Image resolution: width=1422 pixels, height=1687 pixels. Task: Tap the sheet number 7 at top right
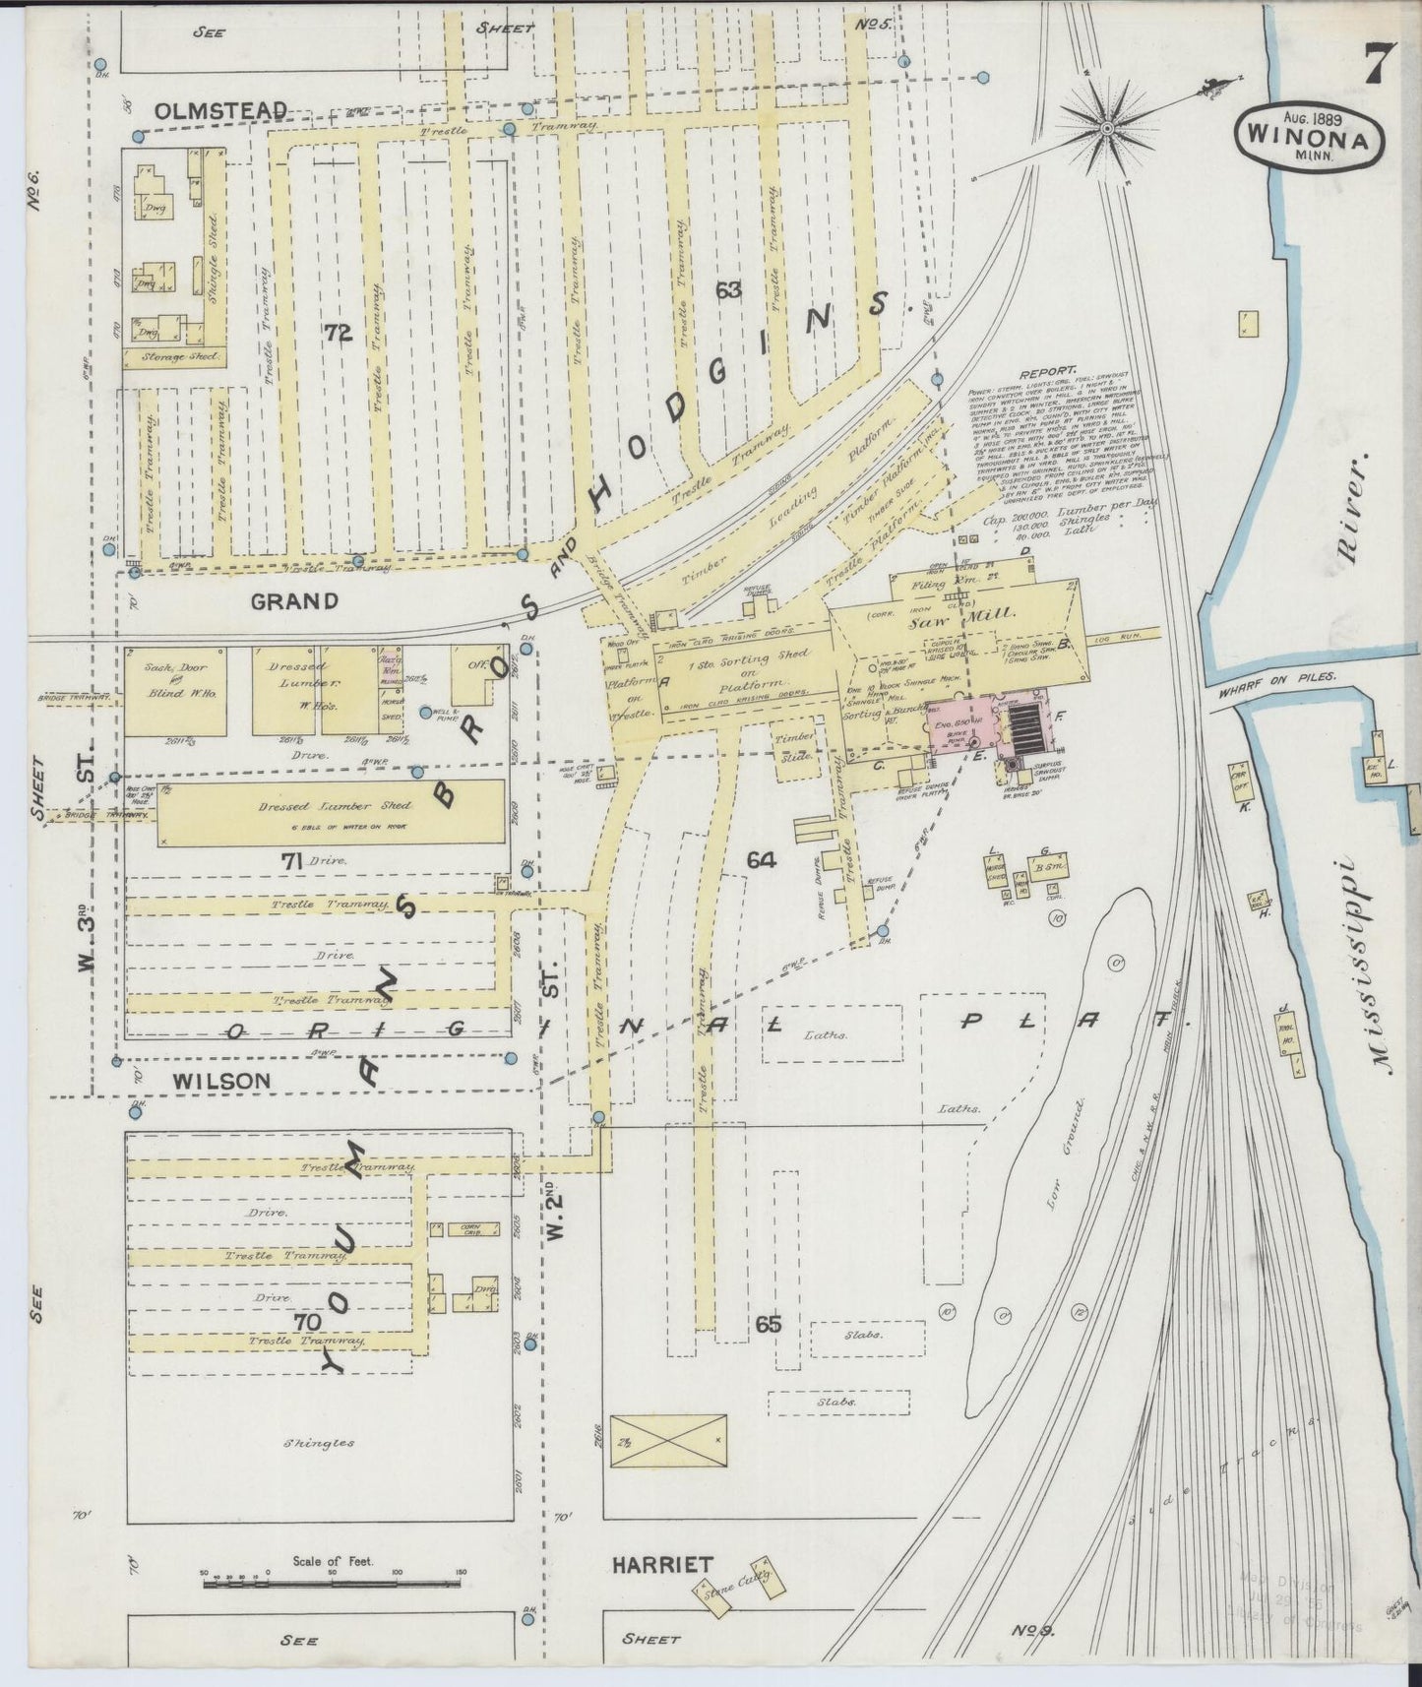click(1375, 67)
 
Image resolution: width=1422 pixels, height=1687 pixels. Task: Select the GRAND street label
click(294, 600)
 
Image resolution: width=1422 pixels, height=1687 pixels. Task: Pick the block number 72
click(337, 335)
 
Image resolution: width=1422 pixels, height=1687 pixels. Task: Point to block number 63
click(728, 290)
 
